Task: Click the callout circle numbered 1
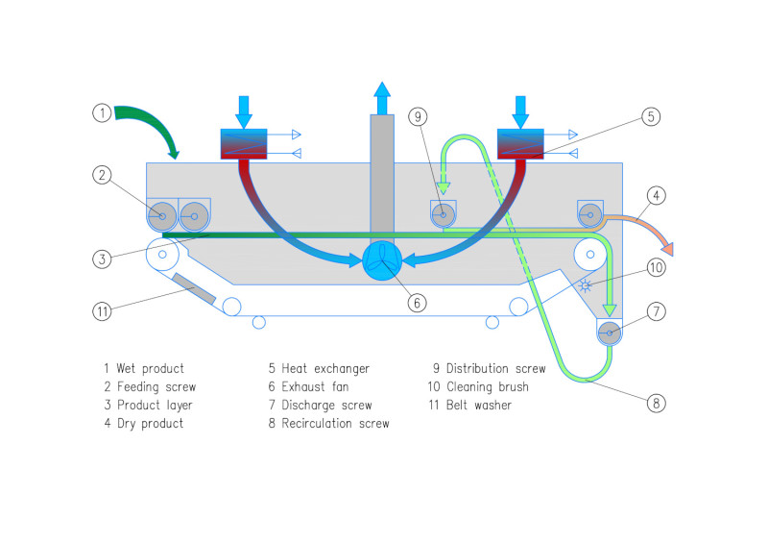tap(103, 112)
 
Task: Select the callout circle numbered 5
tap(650, 116)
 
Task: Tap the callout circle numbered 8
tap(656, 403)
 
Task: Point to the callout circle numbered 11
tap(103, 310)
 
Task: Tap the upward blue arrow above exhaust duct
tap(382, 97)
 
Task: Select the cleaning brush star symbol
tap(586, 285)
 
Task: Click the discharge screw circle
tap(609, 333)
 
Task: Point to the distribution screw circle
tap(443, 213)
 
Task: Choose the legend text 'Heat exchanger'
tap(319, 368)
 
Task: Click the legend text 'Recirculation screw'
tap(328, 423)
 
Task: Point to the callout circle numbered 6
tap(416, 302)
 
